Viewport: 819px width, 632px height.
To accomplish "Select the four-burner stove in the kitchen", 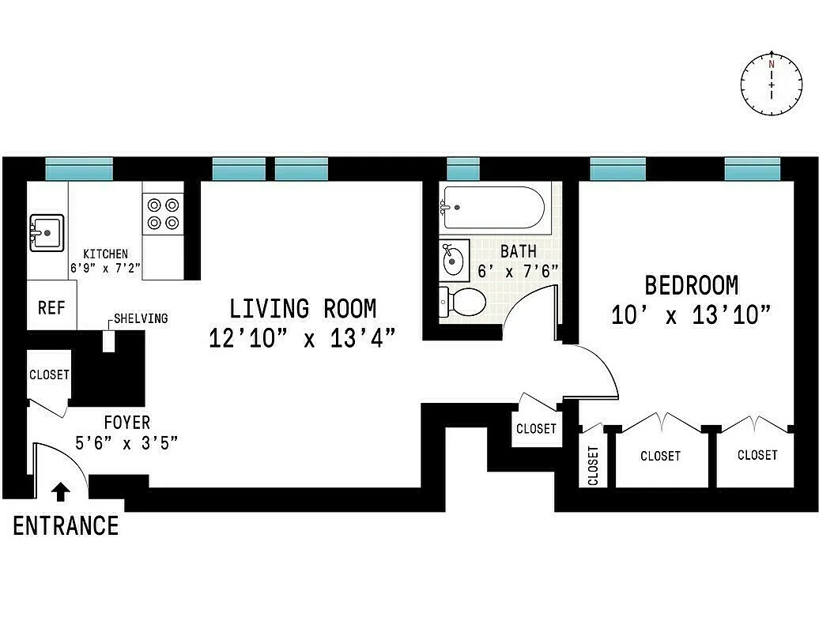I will [x=163, y=213].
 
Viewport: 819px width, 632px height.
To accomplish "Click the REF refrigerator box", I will [x=51, y=307].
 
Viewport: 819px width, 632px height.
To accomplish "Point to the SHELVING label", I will [x=141, y=318].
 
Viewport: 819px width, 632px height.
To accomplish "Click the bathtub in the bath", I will [x=493, y=207].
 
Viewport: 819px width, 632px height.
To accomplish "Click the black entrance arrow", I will [x=60, y=491].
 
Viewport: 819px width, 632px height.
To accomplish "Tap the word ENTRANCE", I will [x=66, y=525].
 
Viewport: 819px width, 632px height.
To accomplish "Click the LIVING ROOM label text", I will [x=303, y=308].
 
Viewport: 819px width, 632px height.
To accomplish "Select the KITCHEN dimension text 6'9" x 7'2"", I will [x=105, y=268].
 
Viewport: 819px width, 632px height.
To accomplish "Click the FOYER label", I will [x=126, y=423].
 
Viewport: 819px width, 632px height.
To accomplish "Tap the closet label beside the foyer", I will [x=49, y=375].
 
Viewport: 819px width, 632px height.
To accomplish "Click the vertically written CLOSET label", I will [x=593, y=465].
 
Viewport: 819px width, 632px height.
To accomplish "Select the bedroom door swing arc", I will [x=601, y=367].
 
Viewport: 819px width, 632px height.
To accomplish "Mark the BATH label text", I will [x=519, y=251].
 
